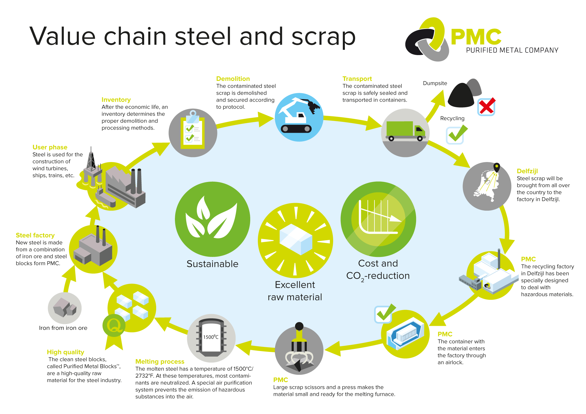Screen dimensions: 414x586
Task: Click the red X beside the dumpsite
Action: pyautogui.click(x=486, y=107)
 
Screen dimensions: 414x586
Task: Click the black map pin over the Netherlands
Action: pyautogui.click(x=497, y=167)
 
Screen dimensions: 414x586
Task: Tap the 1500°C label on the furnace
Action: pyautogui.click(x=211, y=337)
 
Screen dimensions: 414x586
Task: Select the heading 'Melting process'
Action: pyautogui.click(x=160, y=362)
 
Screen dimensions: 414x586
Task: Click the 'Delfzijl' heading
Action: pyautogui.click(x=527, y=171)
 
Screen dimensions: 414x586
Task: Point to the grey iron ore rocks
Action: pyautogui.click(x=64, y=308)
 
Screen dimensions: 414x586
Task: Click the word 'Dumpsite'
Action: pyautogui.click(x=435, y=83)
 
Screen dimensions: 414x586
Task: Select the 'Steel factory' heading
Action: pyautogui.click(x=35, y=235)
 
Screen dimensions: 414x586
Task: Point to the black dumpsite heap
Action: pyautogui.click(x=461, y=96)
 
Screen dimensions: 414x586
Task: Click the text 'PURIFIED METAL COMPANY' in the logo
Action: pyautogui.click(x=512, y=50)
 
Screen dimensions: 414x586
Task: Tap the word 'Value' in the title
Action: pyautogui.click(x=62, y=36)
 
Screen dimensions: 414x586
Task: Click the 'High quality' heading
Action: pyautogui.click(x=65, y=352)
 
